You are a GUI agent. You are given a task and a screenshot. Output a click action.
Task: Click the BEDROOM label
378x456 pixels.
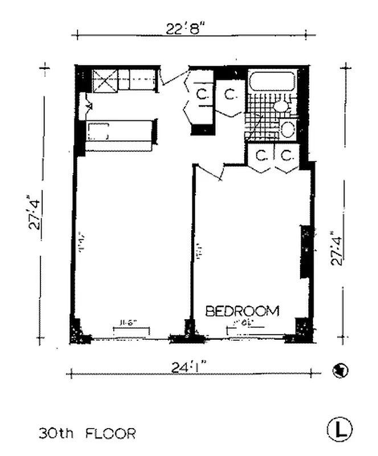point(243,311)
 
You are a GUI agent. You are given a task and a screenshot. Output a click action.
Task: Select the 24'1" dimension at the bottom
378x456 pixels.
point(190,368)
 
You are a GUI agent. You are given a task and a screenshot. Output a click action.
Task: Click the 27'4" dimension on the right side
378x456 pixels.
point(338,247)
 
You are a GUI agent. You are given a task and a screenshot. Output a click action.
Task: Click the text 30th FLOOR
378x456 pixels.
point(87,434)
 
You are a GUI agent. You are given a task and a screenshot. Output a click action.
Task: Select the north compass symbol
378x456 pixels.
point(340,370)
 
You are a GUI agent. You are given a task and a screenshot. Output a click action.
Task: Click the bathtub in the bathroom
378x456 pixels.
point(271,80)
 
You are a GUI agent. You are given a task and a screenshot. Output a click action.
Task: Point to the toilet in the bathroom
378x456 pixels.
point(280,106)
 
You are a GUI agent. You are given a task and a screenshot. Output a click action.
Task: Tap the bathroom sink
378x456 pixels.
point(288,130)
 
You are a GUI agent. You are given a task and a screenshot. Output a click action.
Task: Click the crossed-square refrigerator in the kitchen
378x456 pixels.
point(106,80)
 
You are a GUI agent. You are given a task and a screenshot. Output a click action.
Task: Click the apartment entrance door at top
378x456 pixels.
point(174,79)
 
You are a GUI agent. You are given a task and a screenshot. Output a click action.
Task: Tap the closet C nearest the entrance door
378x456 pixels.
point(202,94)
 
